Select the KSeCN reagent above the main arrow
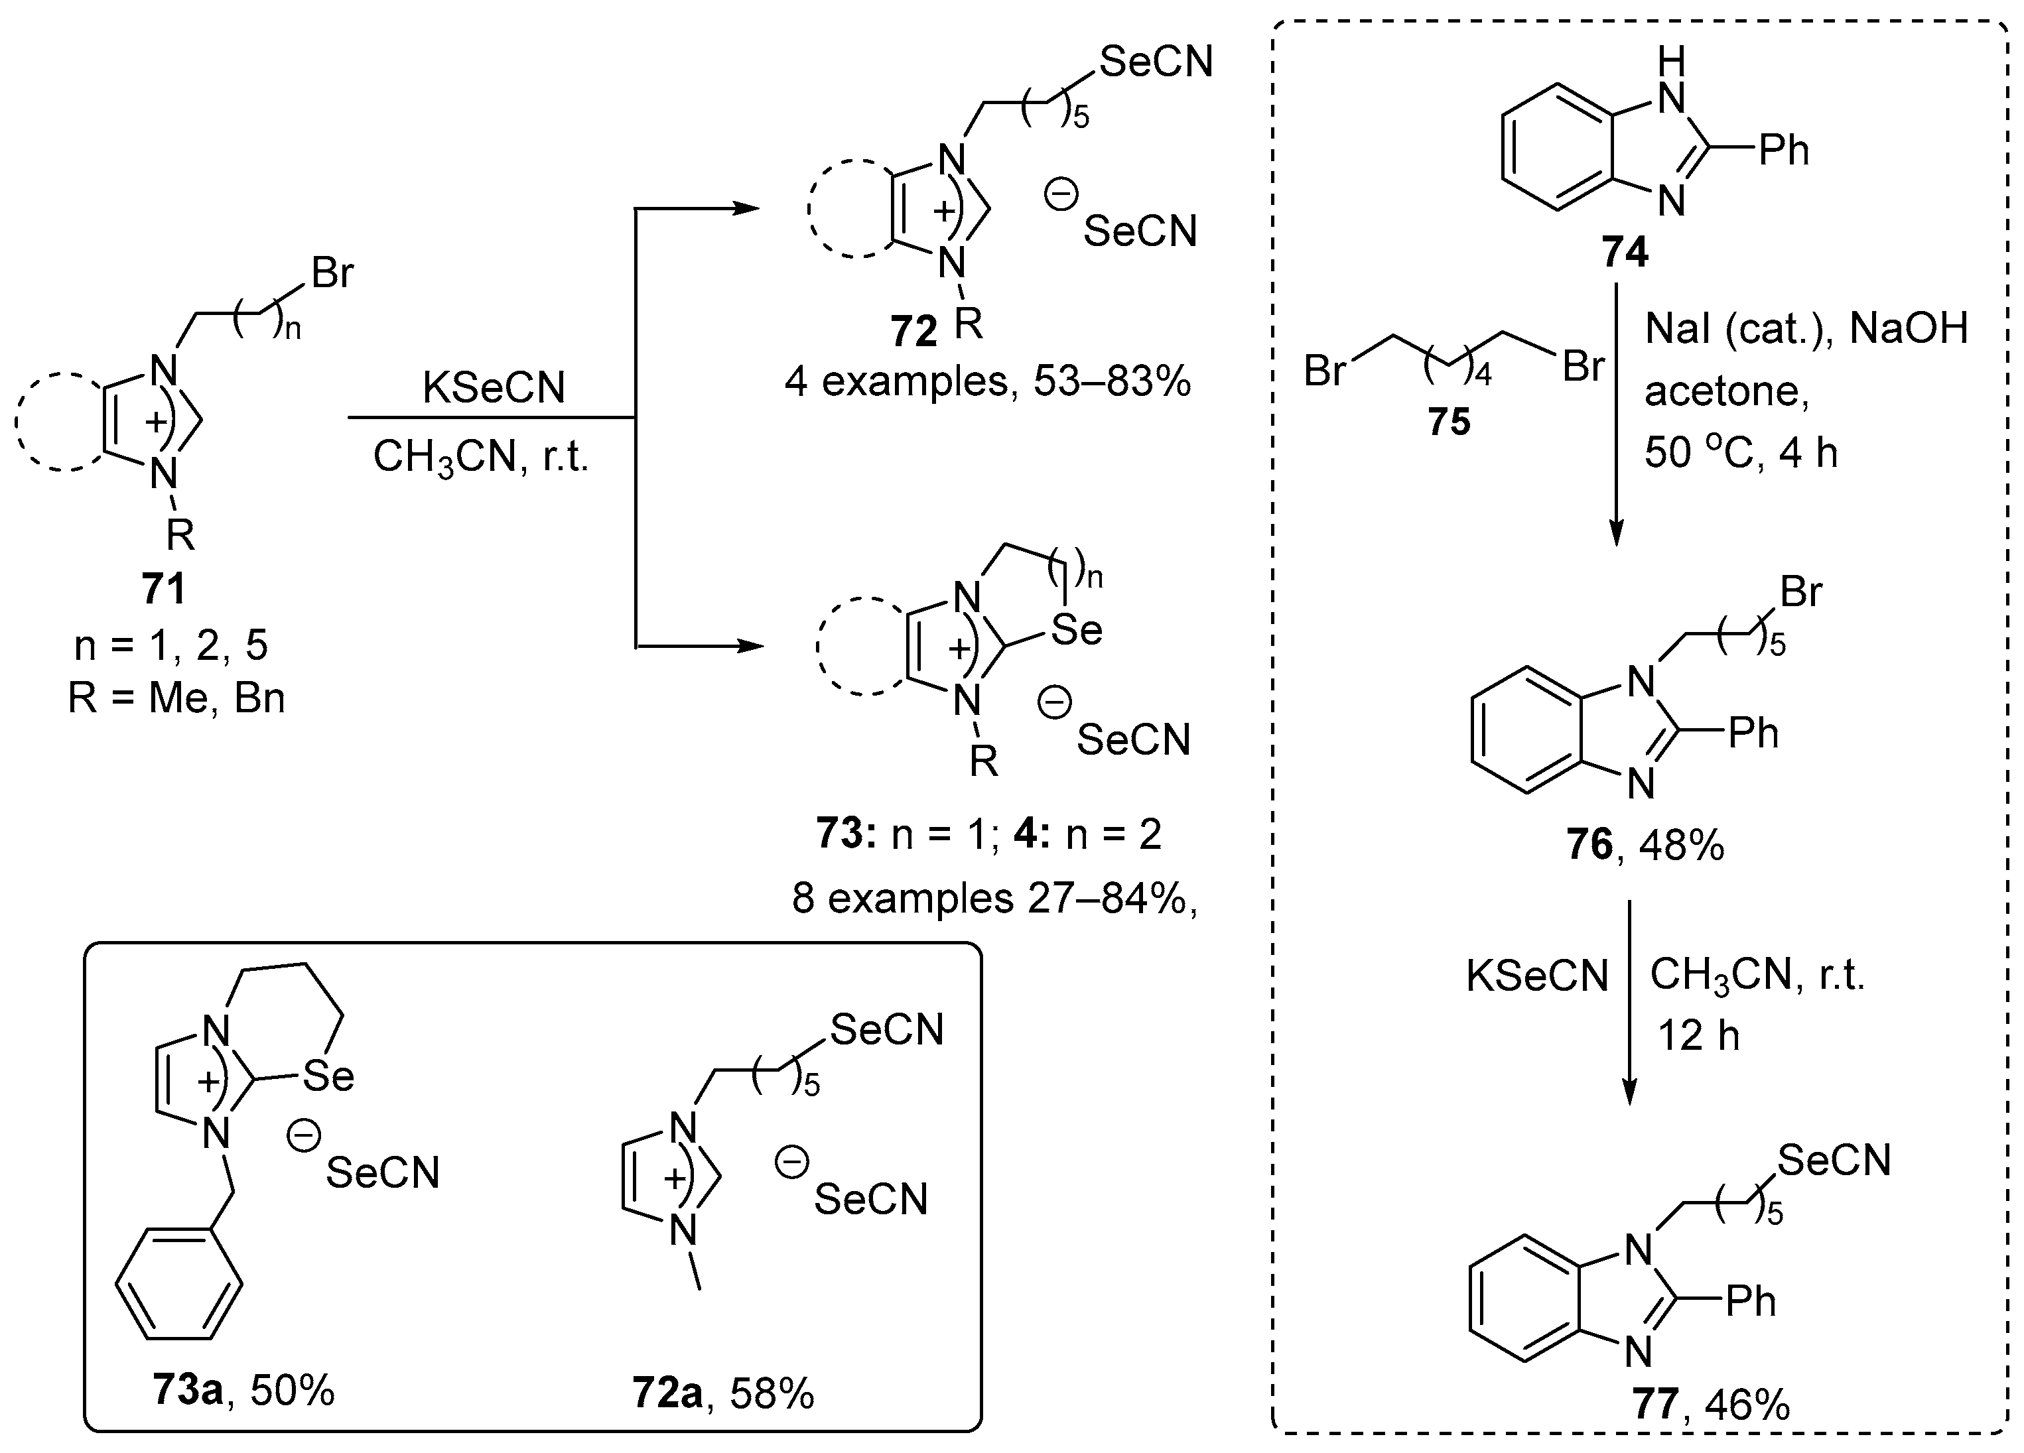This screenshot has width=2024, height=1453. [494, 388]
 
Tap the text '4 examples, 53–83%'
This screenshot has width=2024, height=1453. [988, 383]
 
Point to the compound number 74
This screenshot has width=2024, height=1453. [1624, 253]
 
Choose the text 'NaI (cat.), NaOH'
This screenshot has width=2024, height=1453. [1806, 329]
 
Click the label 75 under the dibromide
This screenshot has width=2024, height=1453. [1448, 422]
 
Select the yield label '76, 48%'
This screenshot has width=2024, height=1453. [1645, 844]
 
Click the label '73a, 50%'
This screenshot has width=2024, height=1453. [243, 1390]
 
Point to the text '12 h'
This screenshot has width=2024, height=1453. [1698, 1036]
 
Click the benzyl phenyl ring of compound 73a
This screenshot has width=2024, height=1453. [179, 1285]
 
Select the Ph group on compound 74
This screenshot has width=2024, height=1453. [1783, 151]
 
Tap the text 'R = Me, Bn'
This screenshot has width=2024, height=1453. [176, 698]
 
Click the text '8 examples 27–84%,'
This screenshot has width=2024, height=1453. [993, 898]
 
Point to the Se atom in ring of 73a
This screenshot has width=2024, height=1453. [328, 1076]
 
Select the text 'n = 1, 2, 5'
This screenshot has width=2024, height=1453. [170, 645]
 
